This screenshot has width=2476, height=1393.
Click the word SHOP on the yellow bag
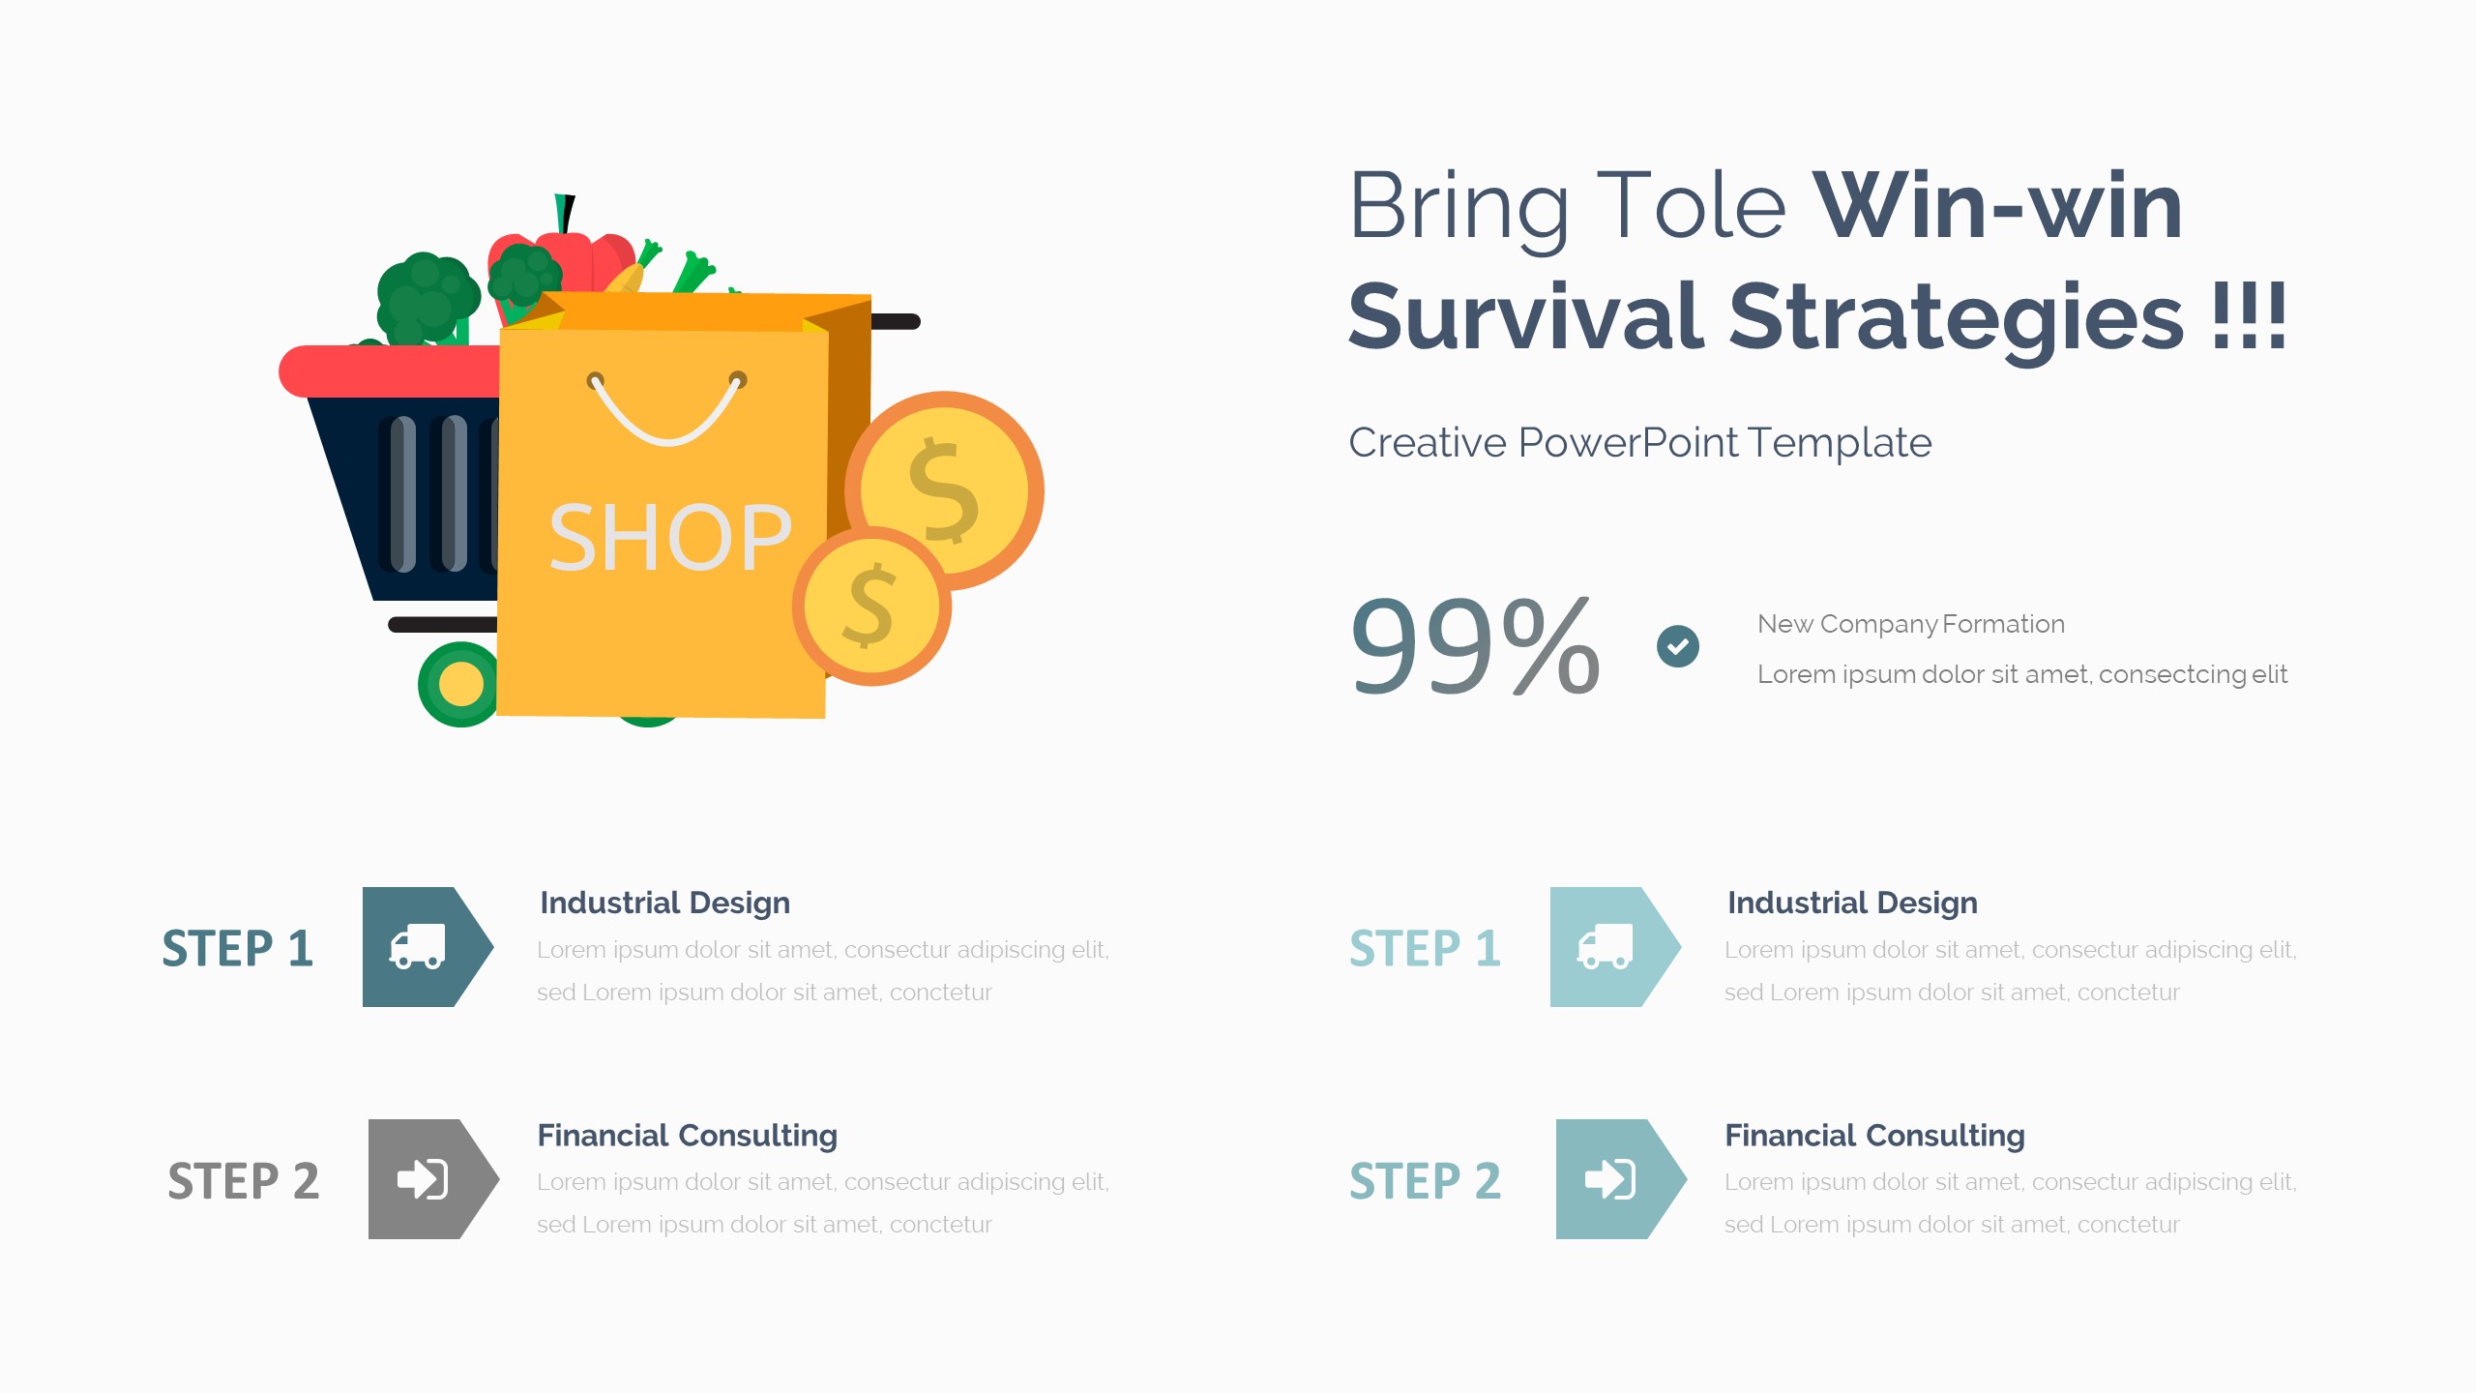click(670, 538)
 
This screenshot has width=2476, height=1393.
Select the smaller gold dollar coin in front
click(871, 607)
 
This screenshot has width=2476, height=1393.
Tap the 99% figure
click(1474, 645)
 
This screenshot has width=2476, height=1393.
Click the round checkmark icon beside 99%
click(1678, 646)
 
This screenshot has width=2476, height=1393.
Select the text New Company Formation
click(1910, 624)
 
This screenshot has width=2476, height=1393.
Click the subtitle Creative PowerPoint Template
click(1640, 443)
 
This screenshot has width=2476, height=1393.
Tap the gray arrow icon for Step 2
click(433, 1179)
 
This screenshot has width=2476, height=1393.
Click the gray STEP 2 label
click(243, 1181)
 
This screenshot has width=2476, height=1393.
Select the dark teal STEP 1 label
click(237, 948)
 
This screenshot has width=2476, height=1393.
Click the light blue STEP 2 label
click(1425, 1181)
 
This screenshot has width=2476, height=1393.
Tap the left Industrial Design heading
click(664, 903)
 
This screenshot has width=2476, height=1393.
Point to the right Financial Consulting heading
click(1874, 1136)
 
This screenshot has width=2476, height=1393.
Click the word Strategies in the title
click(1956, 317)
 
